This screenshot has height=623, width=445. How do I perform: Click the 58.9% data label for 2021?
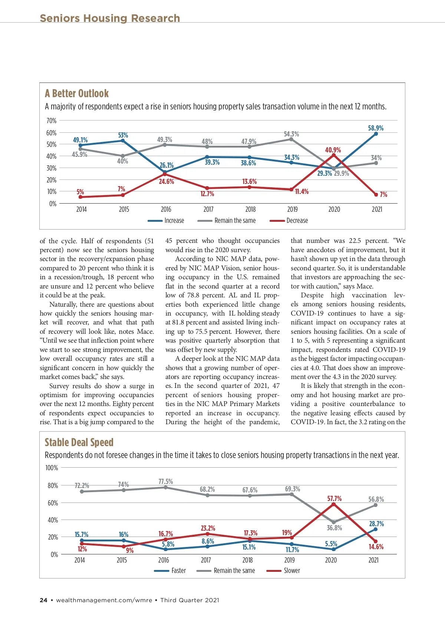pos(376,128)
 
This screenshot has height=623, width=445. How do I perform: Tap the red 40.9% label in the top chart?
pos(333,150)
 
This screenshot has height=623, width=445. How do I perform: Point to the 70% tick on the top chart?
pos(52,121)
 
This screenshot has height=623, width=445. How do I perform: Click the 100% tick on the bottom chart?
pos(52,468)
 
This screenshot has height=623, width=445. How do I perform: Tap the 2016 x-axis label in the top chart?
pos(166,210)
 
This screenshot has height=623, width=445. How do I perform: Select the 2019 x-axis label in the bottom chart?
pos(289,560)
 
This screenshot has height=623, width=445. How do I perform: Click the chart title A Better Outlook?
pos(77,93)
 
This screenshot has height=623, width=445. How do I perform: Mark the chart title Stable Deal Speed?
pos(79,442)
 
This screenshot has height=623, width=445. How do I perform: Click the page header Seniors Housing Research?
pos(110,18)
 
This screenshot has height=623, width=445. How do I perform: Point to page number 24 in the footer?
pos(43,600)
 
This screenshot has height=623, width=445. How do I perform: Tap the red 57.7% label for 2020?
pos(334,499)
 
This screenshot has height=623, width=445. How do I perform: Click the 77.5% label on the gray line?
pos(165,481)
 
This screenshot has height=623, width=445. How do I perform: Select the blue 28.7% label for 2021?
pos(376,524)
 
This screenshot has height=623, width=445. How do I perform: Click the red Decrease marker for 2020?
pos(334,155)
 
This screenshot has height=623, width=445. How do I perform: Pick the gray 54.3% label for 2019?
pos(291,134)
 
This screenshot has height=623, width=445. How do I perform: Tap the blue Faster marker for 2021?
pos(375,529)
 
